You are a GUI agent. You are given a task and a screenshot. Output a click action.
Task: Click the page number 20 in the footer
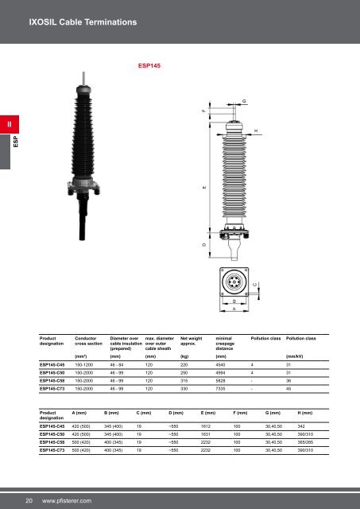click(29, 500)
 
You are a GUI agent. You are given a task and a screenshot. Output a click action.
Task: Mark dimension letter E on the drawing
click(203, 188)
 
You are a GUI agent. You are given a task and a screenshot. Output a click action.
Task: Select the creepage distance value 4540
click(223, 366)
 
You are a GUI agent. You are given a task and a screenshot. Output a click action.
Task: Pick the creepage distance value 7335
click(223, 389)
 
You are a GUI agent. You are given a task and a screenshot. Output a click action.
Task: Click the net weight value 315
click(186, 381)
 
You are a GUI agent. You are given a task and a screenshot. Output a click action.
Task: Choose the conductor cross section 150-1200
click(85, 366)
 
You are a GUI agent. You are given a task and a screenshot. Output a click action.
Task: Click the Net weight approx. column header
click(192, 340)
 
